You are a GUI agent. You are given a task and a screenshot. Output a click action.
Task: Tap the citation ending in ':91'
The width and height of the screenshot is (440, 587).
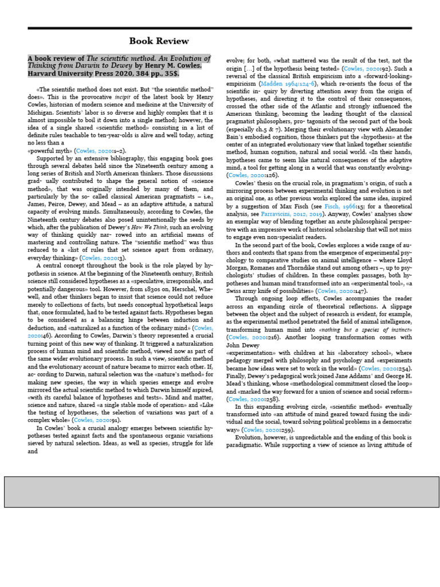point(92,420)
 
